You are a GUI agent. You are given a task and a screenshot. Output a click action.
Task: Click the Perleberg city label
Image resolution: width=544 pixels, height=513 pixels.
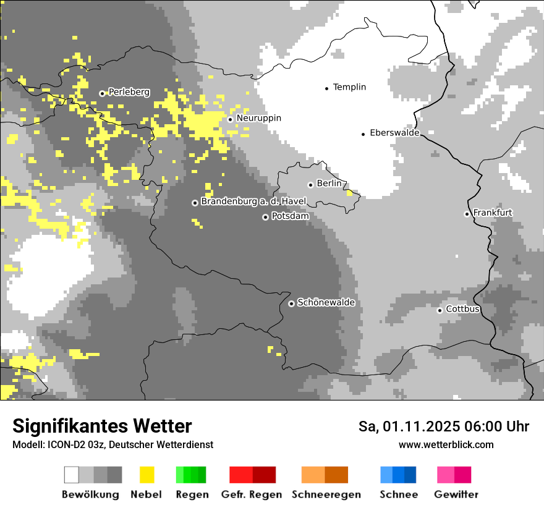pos(129,92)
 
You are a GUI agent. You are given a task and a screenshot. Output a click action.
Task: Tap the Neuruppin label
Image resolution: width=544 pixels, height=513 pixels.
pos(258,118)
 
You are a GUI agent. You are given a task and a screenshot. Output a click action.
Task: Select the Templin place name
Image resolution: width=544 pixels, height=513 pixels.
pos(349,87)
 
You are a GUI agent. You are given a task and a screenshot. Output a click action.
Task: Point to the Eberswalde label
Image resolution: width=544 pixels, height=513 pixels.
pos(394,133)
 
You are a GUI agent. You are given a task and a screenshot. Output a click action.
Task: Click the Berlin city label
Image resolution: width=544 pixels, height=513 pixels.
pos(329,184)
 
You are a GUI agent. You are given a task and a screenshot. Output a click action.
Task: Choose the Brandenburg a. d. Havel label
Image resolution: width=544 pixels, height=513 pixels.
pos(253,201)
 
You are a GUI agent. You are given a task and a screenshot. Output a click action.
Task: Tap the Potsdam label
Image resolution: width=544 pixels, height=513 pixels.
pos(290,216)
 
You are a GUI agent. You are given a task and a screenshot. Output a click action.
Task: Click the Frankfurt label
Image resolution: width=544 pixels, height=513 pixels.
pos(493,213)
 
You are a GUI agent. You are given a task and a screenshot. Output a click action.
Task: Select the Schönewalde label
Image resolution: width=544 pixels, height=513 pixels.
pos(326,303)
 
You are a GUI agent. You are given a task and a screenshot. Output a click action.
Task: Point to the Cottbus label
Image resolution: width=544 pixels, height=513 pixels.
pos(462,309)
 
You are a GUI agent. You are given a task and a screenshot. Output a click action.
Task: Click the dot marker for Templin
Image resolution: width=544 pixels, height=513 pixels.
pos(326,88)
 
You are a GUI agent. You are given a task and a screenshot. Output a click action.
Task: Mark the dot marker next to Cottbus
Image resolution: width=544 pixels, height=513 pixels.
pos(440,310)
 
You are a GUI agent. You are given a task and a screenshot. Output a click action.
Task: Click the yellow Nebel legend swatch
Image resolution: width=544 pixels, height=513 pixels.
pos(147,475)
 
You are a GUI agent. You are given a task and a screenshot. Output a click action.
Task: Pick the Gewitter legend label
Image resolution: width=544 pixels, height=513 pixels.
pos(456,494)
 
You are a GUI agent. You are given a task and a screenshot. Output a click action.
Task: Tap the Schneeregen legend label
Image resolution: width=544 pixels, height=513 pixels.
pos(326,494)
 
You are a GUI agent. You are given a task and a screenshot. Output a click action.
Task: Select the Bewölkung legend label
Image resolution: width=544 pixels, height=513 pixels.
pos(90,494)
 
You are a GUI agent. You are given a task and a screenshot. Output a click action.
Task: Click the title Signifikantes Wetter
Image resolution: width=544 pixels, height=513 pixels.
pos(102,426)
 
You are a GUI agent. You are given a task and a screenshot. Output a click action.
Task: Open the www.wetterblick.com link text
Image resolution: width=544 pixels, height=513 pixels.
pos(446,444)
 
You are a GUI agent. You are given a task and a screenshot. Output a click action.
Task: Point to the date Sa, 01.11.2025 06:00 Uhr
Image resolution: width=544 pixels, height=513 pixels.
pos(443,426)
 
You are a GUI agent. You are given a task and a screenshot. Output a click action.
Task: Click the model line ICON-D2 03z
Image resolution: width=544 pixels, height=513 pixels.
pos(113,444)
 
